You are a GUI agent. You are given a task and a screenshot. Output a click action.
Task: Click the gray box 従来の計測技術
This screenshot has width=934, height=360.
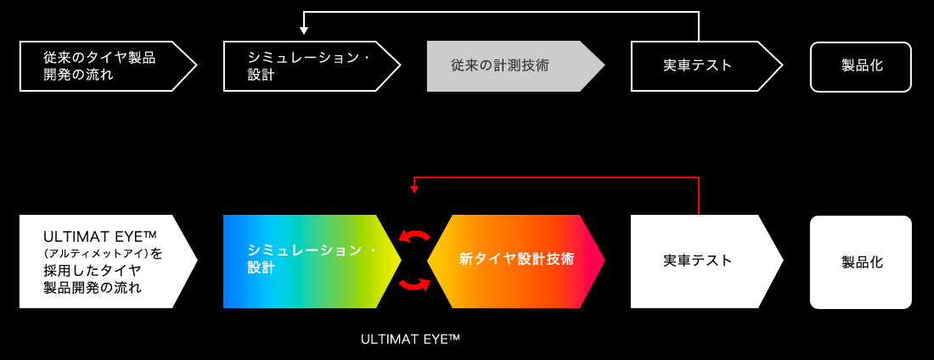509,66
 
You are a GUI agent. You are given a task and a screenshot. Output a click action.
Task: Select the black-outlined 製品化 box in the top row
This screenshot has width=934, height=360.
861,66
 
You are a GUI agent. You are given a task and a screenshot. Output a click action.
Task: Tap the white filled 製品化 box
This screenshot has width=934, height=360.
861,262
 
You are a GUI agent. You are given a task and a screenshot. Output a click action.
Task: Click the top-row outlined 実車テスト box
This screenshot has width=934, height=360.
700,66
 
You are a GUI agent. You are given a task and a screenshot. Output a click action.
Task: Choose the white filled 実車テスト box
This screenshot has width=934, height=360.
700,262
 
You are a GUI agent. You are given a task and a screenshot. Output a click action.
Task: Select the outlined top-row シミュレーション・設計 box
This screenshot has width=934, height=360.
306,66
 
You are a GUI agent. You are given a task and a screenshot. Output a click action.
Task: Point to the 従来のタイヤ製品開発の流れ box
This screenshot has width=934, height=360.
102,66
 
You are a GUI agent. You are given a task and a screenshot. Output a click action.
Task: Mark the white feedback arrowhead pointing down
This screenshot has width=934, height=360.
304,32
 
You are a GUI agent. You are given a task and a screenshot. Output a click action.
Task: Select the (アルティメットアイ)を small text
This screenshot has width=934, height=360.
102,253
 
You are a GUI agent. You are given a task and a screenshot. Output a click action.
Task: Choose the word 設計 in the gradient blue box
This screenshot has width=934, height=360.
262,267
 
